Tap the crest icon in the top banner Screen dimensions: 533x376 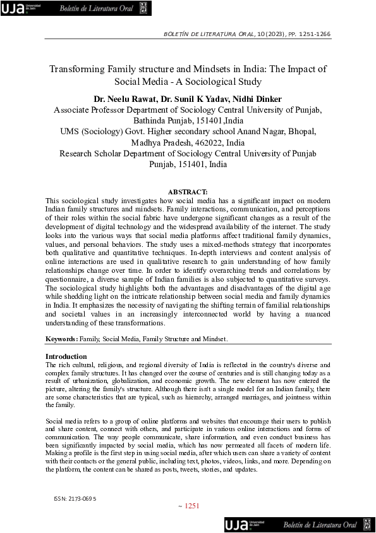click(143, 8)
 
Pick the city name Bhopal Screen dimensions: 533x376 click(302, 132)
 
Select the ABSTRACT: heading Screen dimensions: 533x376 click(188, 192)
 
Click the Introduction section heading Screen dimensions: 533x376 click(66, 356)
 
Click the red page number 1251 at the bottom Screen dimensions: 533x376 click(192, 506)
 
